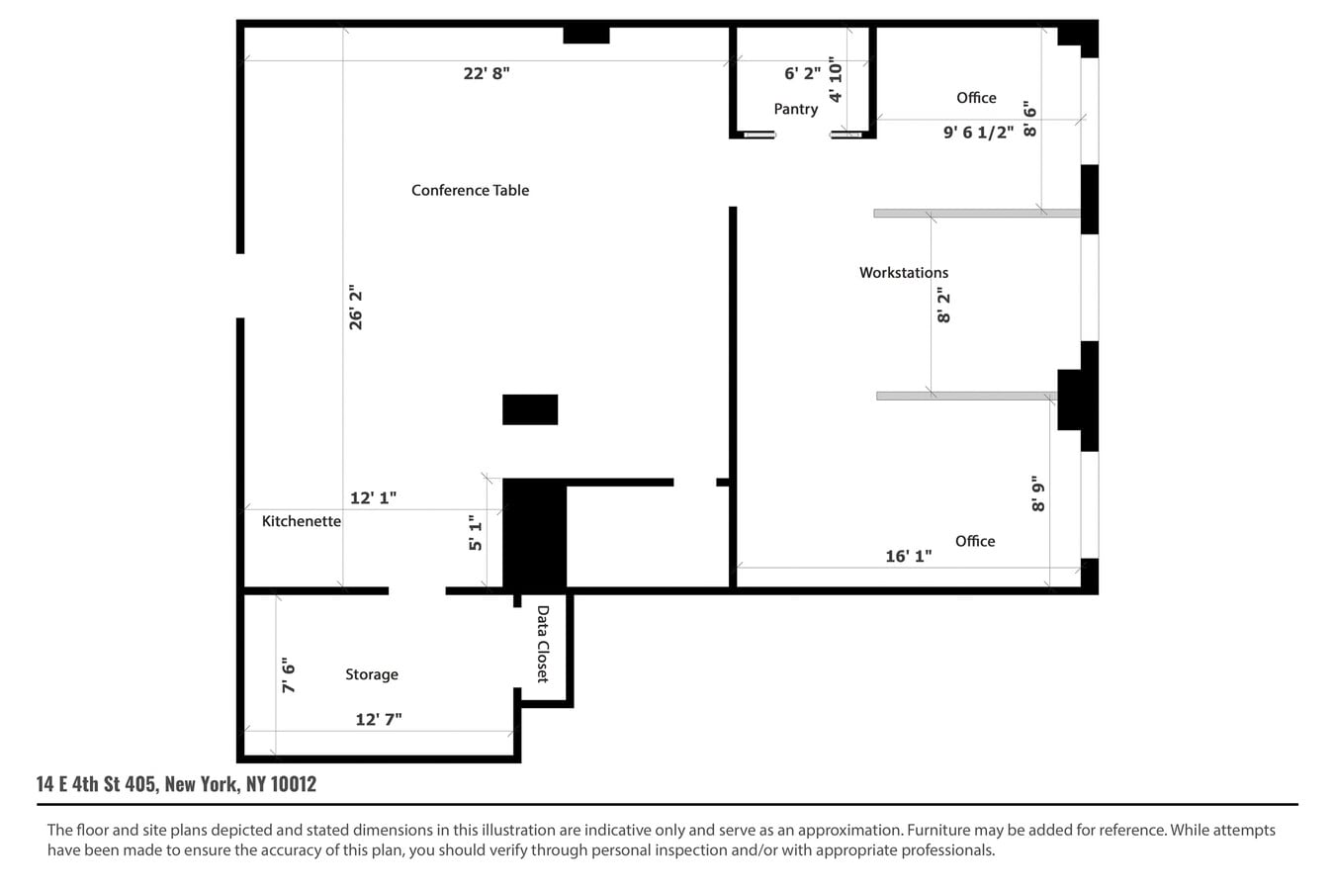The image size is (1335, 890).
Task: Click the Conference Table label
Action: point(470,190)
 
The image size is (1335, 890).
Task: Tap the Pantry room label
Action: point(795,109)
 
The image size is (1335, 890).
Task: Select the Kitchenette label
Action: point(301,521)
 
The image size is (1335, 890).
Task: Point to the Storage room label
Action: point(372,674)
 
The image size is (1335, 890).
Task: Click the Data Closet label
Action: point(543,644)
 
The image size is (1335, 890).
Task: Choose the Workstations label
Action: point(903,272)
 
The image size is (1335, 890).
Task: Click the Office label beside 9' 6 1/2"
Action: point(976,97)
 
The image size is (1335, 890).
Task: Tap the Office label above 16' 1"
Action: point(975,541)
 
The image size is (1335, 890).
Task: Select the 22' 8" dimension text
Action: point(487,73)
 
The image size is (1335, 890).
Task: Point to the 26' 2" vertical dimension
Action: point(356,308)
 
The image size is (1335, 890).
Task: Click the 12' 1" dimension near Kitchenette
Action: point(373,498)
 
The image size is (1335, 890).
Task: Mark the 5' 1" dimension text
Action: point(476,533)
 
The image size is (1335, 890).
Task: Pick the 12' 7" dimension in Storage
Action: point(379,719)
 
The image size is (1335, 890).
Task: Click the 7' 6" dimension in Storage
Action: point(289,675)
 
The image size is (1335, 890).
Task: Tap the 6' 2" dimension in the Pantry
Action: point(802,73)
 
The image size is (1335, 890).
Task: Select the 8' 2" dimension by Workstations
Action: point(943,306)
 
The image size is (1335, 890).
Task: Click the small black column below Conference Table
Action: point(530,409)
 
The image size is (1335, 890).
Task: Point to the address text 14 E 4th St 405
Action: point(176,784)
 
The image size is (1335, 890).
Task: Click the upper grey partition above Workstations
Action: point(976,214)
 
